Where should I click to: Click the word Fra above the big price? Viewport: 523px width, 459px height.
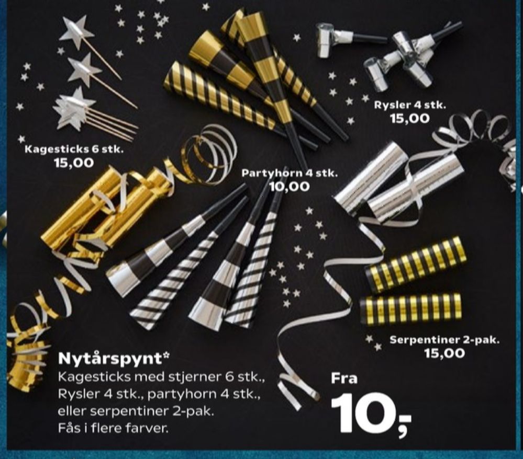coord(344,378)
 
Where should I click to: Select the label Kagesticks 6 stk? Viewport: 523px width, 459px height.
coord(74,149)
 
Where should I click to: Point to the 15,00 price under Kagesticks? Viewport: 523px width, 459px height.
coord(74,163)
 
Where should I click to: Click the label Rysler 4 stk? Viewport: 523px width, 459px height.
coord(410,105)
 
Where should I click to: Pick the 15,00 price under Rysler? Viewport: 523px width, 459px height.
coord(410,118)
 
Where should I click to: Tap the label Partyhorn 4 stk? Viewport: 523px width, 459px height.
coord(290,173)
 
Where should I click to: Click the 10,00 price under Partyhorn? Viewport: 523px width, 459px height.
coord(290,187)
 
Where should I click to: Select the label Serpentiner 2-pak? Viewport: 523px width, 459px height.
coord(445,340)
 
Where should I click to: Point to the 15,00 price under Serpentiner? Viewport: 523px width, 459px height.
coord(444,353)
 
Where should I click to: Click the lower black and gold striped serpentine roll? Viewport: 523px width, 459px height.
coord(411,308)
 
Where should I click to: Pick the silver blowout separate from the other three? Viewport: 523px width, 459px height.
coord(350,38)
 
